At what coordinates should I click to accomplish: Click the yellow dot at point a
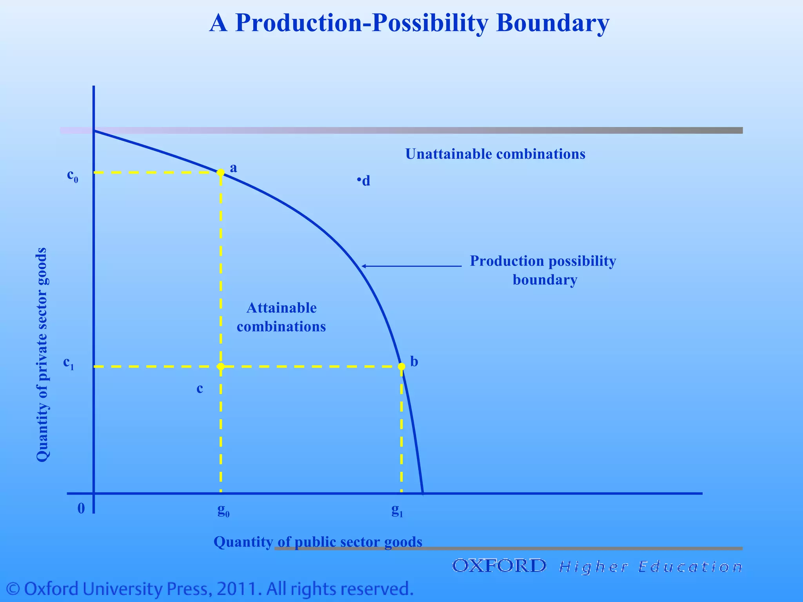(x=221, y=172)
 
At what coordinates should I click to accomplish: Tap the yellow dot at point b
(x=401, y=366)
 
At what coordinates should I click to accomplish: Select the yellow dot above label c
(x=221, y=366)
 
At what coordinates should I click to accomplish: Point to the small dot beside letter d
(x=359, y=180)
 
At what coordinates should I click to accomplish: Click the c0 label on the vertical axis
(x=73, y=176)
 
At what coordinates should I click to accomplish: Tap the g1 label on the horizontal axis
(x=397, y=510)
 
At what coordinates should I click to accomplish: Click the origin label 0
(x=81, y=508)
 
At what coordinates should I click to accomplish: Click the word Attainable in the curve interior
(x=282, y=308)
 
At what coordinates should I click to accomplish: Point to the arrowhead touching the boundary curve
(x=363, y=266)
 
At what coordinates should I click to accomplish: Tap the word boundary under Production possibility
(x=545, y=280)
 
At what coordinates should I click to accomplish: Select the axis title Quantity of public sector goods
(x=318, y=542)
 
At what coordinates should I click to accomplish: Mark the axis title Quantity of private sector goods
(x=42, y=355)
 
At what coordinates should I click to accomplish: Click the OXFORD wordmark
(x=499, y=566)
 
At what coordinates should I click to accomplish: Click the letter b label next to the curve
(x=414, y=361)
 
